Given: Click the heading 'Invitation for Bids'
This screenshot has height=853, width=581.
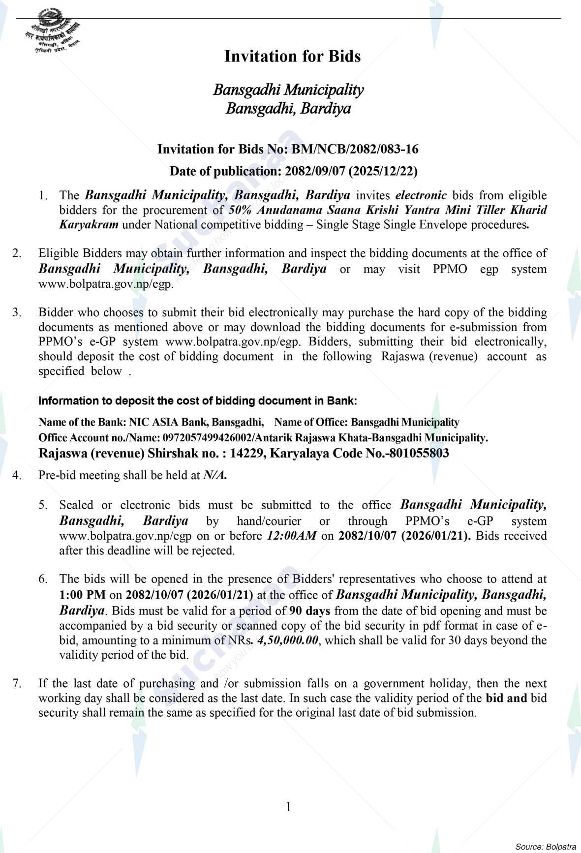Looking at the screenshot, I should (292, 57).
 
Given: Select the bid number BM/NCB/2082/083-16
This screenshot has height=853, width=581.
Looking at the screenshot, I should (355, 149).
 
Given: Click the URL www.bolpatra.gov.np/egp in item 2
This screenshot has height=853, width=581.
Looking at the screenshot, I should (105, 284).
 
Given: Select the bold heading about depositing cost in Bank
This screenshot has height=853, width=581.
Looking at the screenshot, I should (198, 401).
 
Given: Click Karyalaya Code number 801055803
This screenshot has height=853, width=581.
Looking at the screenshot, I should (419, 453).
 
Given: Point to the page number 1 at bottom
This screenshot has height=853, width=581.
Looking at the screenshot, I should (289, 807).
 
